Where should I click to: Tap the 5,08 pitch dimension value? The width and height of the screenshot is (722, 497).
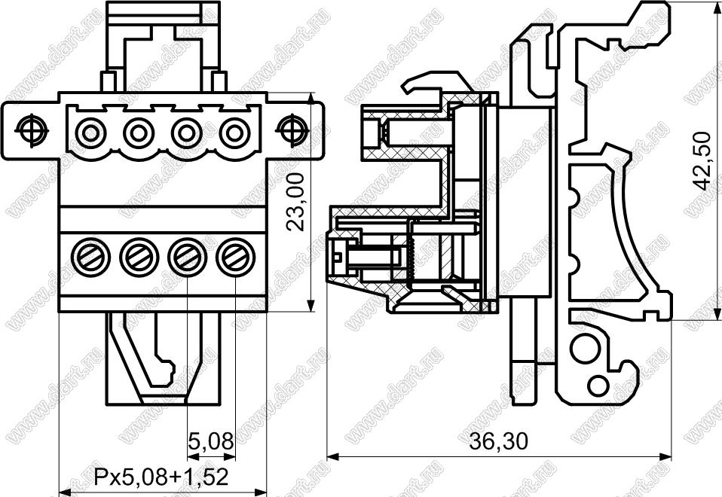pos(211,441)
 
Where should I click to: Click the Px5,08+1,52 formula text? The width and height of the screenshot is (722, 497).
pos(161,477)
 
